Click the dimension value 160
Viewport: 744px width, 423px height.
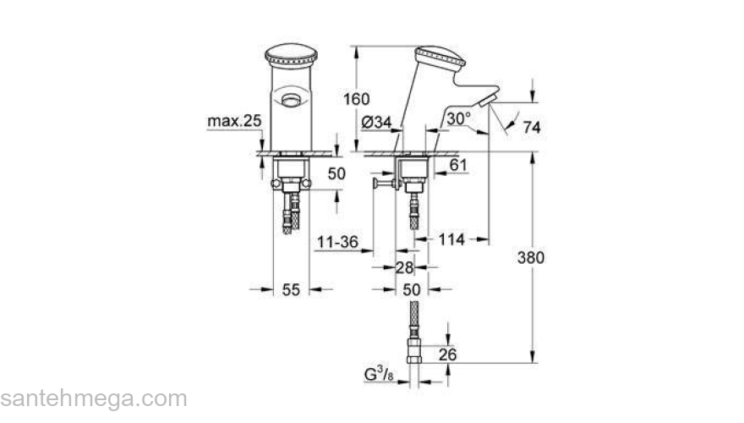(x=358, y=99)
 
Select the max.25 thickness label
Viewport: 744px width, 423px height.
(x=234, y=122)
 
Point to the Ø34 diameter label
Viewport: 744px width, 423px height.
(x=376, y=123)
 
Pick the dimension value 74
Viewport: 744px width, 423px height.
(x=532, y=128)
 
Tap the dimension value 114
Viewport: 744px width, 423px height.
(x=452, y=240)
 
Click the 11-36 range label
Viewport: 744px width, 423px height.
(x=338, y=243)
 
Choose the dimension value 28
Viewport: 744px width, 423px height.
(x=405, y=267)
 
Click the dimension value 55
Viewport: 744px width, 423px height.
(x=291, y=289)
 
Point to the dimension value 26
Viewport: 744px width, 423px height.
(x=447, y=354)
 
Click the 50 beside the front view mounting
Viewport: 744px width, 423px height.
(x=336, y=173)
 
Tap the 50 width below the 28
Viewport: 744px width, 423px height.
(x=411, y=289)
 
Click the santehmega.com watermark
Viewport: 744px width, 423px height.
(x=93, y=398)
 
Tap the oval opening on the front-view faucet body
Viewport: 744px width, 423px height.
(x=292, y=100)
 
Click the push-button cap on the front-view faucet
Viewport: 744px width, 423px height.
(x=291, y=59)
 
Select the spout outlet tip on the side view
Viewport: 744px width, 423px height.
(x=483, y=103)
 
